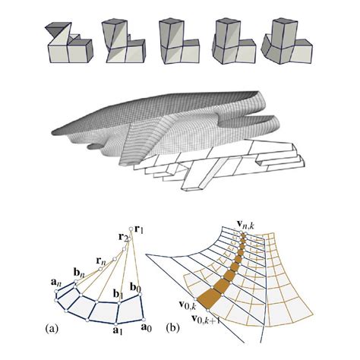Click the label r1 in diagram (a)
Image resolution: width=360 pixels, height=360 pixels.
point(141,226)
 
